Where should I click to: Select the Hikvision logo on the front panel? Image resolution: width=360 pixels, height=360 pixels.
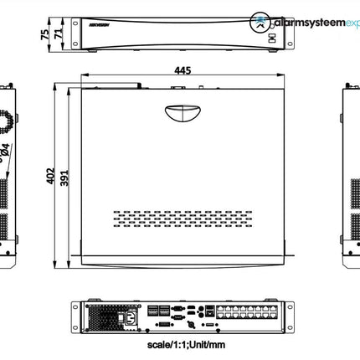pos(88,25)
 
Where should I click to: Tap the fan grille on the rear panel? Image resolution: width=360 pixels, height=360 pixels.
pos(101,316)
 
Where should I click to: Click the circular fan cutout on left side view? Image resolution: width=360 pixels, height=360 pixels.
pos(6,118)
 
